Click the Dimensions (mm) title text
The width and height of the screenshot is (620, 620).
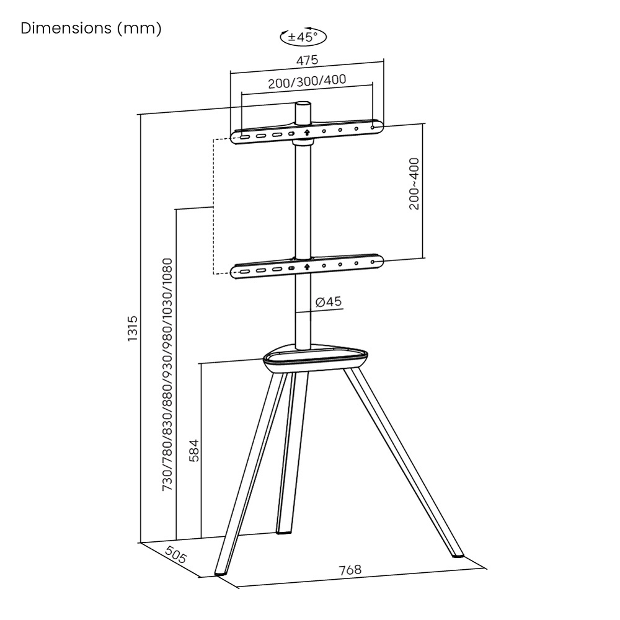pyautogui.click(x=91, y=29)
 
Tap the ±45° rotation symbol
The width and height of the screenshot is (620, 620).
pyautogui.click(x=303, y=37)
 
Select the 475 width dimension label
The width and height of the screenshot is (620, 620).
pyautogui.click(x=307, y=60)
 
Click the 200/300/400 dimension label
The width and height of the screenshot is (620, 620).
pyautogui.click(x=307, y=81)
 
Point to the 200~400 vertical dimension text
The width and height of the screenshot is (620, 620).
pyautogui.click(x=414, y=184)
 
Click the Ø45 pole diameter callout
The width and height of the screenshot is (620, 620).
pyautogui.click(x=328, y=302)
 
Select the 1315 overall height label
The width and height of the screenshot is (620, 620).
pyautogui.click(x=132, y=329)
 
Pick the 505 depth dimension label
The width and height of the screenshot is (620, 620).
pyautogui.click(x=177, y=553)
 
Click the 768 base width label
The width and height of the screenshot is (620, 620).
pyautogui.click(x=350, y=570)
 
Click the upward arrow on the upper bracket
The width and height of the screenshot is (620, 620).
pyautogui.click(x=306, y=131)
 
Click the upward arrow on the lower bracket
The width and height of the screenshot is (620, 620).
pyautogui.click(x=306, y=267)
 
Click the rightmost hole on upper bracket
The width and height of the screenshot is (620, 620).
pyautogui.click(x=373, y=128)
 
